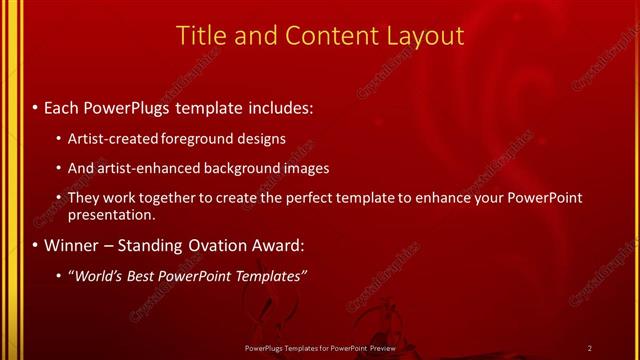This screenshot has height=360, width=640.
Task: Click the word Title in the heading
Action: pos(200,36)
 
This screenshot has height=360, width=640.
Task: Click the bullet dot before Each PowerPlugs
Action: pos(36,106)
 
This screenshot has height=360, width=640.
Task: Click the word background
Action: pos(243,168)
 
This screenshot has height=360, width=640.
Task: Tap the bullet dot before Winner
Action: pos(36,245)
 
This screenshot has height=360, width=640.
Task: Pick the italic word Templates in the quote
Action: pos(270,275)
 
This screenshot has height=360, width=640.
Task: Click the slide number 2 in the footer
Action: pos(589,347)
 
